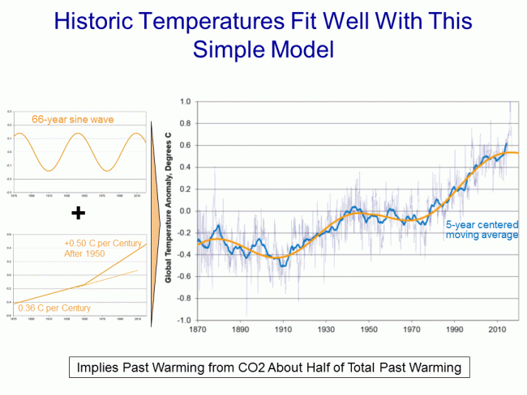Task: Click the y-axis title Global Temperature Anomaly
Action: point(169,210)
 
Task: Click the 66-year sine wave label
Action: point(73,120)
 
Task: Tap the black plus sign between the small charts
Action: point(78,213)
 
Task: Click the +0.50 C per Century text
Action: point(104,243)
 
